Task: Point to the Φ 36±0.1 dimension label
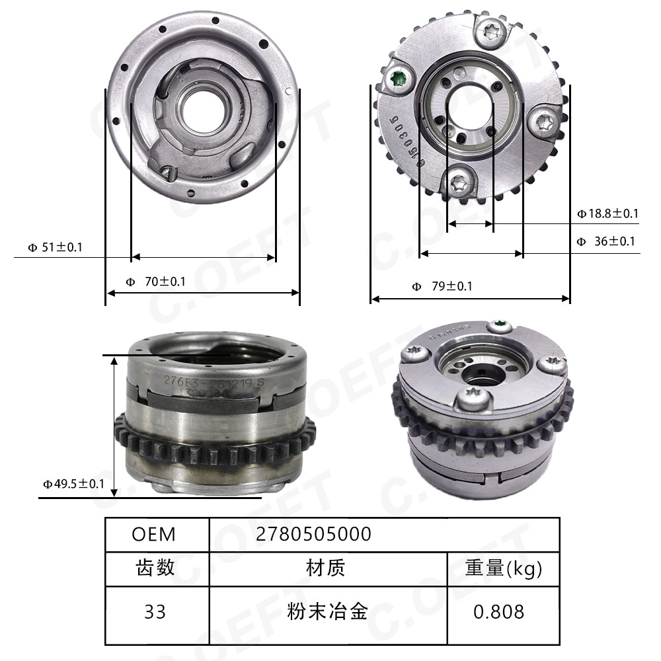pyautogui.click(x=606, y=241)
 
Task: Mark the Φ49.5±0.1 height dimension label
pyautogui.click(x=74, y=484)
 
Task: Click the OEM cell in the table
pyautogui.click(x=154, y=534)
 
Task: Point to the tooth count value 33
pyautogui.click(x=155, y=611)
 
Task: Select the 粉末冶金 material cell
pyautogui.click(x=327, y=611)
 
